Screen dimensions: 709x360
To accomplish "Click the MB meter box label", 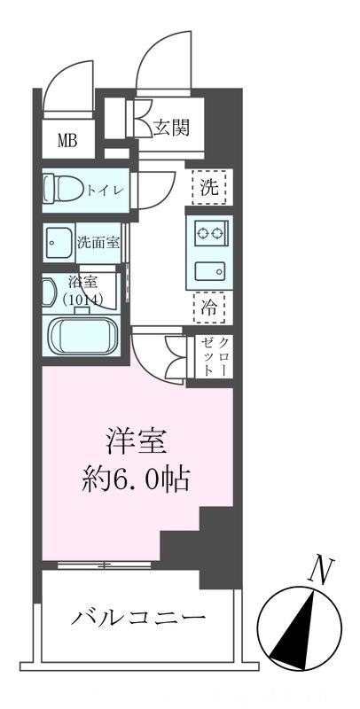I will click(67, 140).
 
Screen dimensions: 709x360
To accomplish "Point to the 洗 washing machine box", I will click(208, 187).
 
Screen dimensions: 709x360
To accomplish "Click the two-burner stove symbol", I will click(209, 234).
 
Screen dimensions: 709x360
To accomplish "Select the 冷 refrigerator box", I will click(208, 309).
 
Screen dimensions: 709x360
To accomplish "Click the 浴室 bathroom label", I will click(82, 284).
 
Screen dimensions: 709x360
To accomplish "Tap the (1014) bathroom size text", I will click(82, 300).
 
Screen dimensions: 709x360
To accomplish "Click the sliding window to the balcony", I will click(104, 565).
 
